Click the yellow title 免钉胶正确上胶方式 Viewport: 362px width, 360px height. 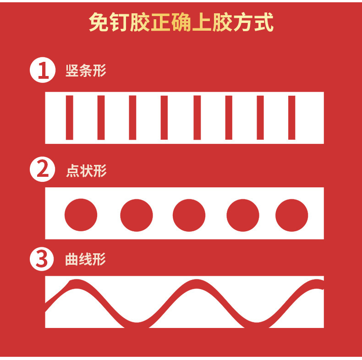click(181, 23)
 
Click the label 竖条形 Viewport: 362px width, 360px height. click(86, 71)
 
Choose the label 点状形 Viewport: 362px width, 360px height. click(86, 171)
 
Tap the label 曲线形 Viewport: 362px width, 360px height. click(86, 260)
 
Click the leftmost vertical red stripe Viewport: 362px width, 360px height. click(70, 117)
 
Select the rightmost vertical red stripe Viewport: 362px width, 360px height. click(291, 117)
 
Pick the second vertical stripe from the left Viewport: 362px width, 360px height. click(101, 117)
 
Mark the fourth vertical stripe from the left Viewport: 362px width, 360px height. click(165, 117)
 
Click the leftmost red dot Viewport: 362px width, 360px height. click(81, 215)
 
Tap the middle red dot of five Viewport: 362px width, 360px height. click(189, 215)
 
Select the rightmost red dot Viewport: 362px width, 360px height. click(291, 215)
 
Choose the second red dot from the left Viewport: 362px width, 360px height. click(137, 215)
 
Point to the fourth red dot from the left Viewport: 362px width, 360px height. click(243, 215)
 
